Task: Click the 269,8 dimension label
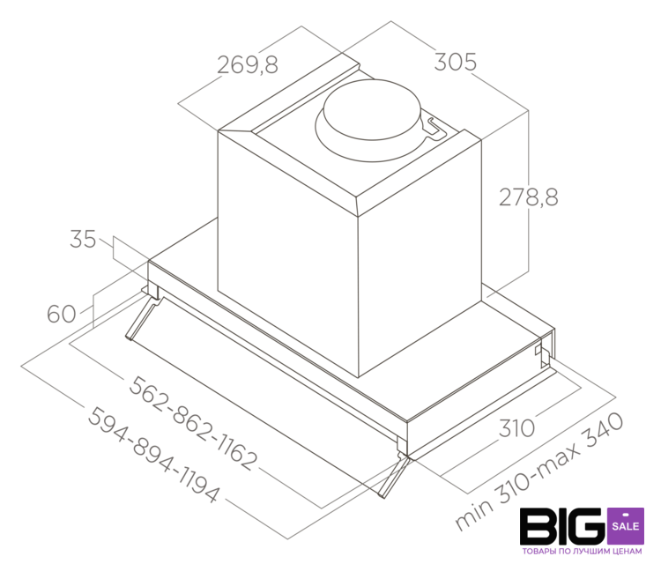[x=248, y=65]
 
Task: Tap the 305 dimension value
[x=456, y=62]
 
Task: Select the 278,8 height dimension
[x=529, y=197]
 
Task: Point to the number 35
[x=83, y=239]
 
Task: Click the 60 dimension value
[x=62, y=314]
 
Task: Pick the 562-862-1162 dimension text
[x=193, y=422]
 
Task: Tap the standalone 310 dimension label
[x=516, y=428]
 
